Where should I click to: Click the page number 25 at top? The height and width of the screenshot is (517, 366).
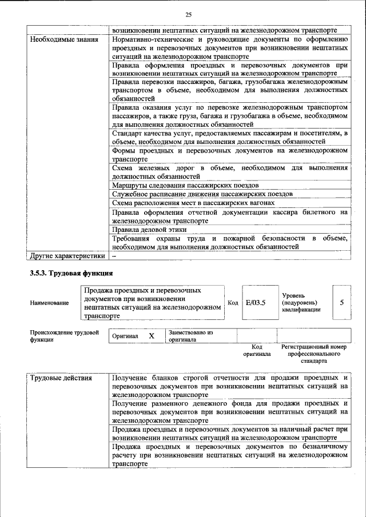(x=189, y=14)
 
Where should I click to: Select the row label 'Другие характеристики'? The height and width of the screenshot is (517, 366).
(x=67, y=255)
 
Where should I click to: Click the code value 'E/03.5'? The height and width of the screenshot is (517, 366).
(x=256, y=302)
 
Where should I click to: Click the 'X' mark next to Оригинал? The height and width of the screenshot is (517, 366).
(x=152, y=336)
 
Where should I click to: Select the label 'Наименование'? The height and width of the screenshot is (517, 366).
(x=49, y=303)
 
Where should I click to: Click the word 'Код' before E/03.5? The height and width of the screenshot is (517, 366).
(x=233, y=303)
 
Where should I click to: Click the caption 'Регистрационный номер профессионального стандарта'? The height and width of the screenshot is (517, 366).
(x=314, y=354)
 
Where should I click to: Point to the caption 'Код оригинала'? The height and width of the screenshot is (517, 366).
(x=257, y=350)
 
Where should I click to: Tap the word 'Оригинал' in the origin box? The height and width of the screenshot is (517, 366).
(x=125, y=336)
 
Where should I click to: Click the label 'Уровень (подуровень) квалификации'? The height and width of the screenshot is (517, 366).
(x=301, y=302)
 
